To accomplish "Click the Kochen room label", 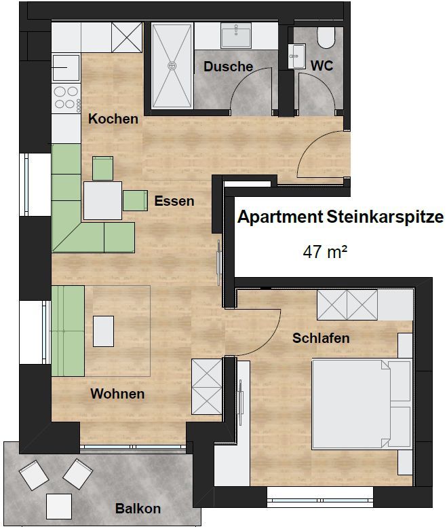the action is point(113,119).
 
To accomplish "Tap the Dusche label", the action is point(228,67).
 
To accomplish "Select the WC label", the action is point(322,66).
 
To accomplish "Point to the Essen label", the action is point(174,201).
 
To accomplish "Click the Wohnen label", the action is point(117,394).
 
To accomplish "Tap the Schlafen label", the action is point(321,338).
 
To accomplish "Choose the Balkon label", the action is point(138,509).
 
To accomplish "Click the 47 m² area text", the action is point(325,252).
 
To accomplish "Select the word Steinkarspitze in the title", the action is point(385,217).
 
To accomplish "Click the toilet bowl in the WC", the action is point(326,37).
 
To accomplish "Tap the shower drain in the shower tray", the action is point(172,65).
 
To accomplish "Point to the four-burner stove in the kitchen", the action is point(66,97).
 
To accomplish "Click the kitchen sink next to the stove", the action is point(66,68).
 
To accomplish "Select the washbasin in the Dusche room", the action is point(236,35).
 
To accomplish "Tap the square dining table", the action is point(103,200).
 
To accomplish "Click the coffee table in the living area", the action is point(103,331).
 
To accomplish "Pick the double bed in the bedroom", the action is point(362,404).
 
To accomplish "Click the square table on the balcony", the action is point(59,507).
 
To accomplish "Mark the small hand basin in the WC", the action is point(297,56).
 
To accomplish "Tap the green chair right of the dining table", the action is point(135,200).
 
